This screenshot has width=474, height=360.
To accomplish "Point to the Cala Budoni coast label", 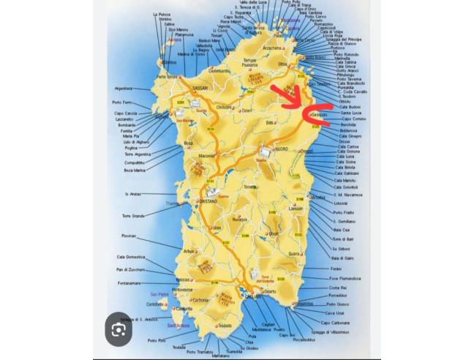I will point(350,107).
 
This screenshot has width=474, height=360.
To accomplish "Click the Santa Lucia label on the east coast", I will point(352,113).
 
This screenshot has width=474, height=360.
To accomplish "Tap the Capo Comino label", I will point(353,119).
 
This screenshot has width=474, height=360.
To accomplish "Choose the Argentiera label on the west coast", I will point(124,89).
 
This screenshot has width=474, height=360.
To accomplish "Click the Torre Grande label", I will point(133,216).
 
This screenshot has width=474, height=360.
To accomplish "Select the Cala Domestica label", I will point(131,257).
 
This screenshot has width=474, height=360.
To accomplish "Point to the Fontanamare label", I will point(129,283).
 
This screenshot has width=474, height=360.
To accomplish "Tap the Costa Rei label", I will point(337,288).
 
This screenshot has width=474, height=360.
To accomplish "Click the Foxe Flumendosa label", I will point(344,278).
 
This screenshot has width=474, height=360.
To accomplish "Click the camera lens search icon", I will point(118,331).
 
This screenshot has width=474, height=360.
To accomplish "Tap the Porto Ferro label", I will point(122,102).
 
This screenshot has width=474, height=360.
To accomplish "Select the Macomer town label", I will point(207,155).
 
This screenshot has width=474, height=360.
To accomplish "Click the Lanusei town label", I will point(296,209).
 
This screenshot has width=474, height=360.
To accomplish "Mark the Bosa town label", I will point(189,143).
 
